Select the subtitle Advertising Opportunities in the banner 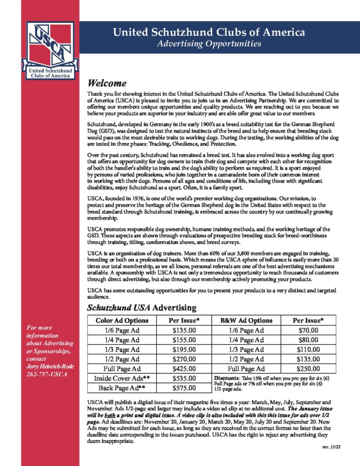tap(209, 44)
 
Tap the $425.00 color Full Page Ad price tap(184, 369)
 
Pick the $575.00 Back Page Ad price tap(184, 388)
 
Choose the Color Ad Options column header tap(122, 320)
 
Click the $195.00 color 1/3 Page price tap(184, 349)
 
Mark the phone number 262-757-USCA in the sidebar tap(47, 374)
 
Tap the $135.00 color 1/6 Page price tap(184, 330)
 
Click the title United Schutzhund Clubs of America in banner tap(209, 32)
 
